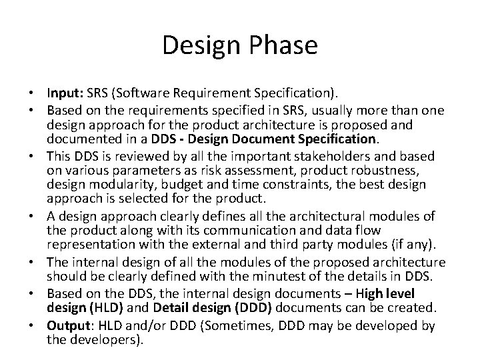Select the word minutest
tap(288, 277)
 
